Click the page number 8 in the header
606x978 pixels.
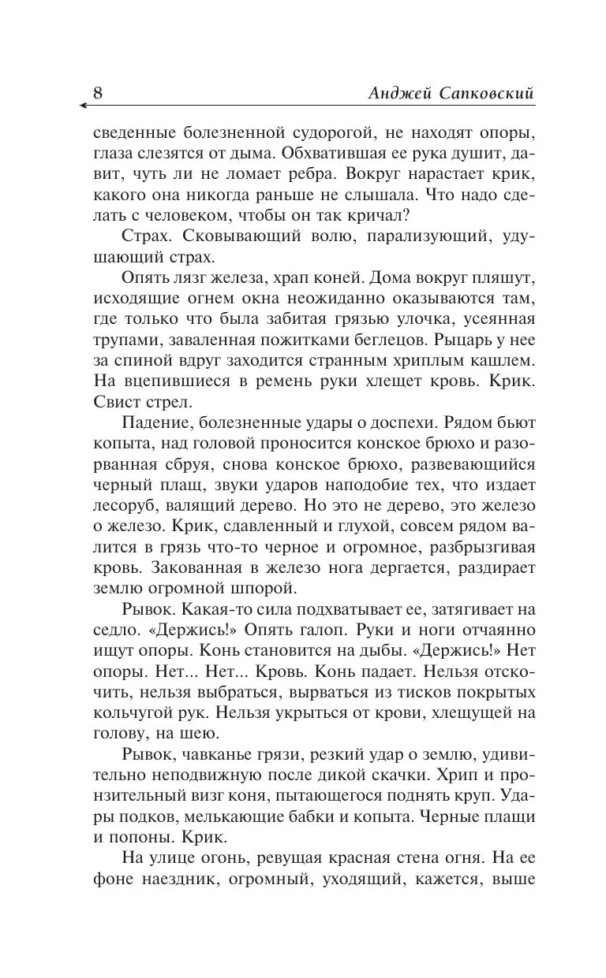pos(98,92)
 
